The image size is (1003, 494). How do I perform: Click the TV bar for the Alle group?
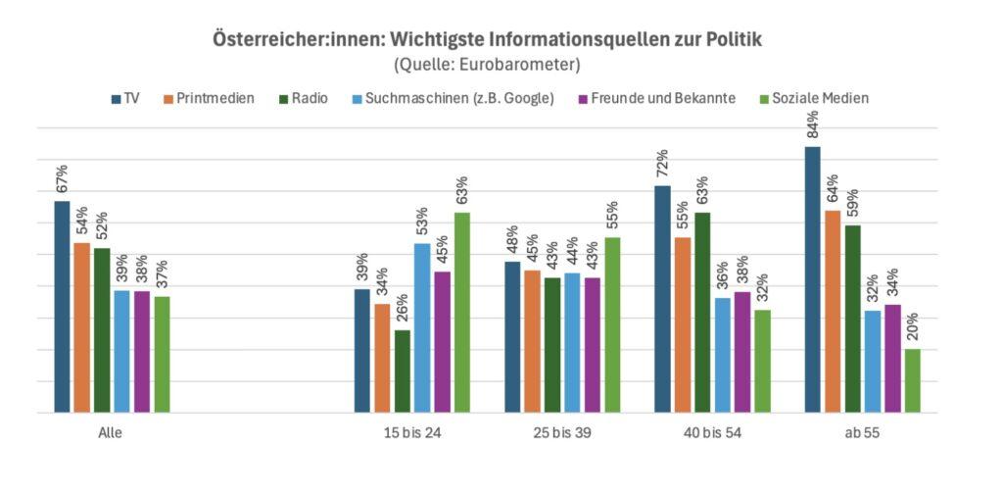(x=62, y=307)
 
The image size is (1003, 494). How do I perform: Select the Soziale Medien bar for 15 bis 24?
(x=462, y=313)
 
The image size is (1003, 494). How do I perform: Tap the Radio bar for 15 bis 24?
(x=403, y=371)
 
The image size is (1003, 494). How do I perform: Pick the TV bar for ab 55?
(x=813, y=279)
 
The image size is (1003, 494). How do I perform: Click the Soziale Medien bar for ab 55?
(x=913, y=381)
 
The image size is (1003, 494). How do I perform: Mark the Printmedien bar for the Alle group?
(x=82, y=327)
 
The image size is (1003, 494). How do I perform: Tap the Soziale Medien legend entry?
(x=820, y=98)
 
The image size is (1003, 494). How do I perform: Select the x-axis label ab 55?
(x=863, y=432)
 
